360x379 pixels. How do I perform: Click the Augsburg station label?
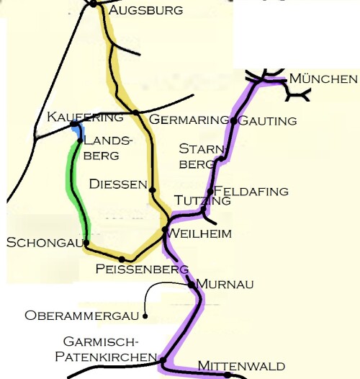tap(145, 10)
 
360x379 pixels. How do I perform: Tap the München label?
tap(323, 79)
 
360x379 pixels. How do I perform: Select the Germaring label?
tap(188, 119)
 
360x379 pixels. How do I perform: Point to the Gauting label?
tap(266, 120)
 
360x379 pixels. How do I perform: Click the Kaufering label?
tap(74, 116)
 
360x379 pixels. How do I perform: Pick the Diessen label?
tap(118, 184)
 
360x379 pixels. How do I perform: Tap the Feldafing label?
tap(251, 191)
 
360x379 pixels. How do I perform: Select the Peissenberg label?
tap(141, 269)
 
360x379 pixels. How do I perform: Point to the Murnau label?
tap(225, 285)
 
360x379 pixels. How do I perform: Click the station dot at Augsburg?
tap(94, 4)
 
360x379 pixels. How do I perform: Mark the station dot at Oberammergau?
tap(145, 315)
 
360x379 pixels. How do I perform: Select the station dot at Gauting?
tap(233, 121)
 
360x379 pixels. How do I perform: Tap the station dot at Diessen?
tap(152, 190)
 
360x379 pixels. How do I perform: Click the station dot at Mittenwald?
tap(228, 375)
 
